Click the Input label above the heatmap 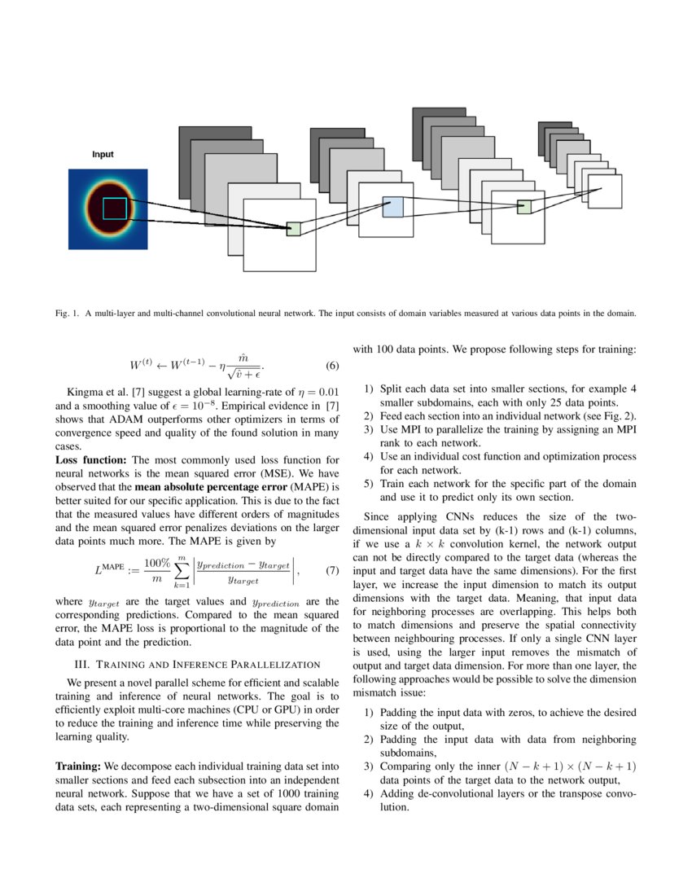click(x=103, y=155)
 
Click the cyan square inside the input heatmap click(x=115, y=209)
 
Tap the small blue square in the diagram click(x=392, y=206)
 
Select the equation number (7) click(x=331, y=571)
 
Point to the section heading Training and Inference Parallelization click(x=196, y=665)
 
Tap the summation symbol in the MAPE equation click(x=181, y=571)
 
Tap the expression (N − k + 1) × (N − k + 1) click(x=569, y=766)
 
